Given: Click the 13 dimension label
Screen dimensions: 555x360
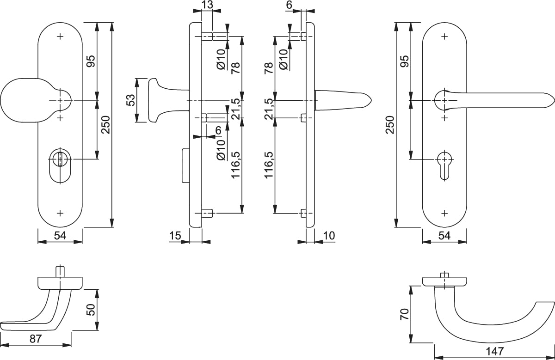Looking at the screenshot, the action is coord(207,5).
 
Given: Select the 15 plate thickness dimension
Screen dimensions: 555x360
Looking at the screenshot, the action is coord(175,236).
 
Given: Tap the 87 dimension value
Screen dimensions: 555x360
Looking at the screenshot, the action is coord(36,339).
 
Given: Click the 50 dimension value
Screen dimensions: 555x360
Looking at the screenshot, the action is coord(91,310).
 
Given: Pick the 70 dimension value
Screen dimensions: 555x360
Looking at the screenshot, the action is coord(404,314).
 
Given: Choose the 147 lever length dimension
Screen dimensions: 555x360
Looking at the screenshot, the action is coord(494,351).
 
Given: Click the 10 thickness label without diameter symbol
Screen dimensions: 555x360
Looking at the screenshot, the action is coord(329,236).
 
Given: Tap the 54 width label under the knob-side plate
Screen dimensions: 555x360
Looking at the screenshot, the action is coord(60,236).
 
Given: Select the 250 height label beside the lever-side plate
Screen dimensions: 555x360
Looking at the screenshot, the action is coord(390,125).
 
